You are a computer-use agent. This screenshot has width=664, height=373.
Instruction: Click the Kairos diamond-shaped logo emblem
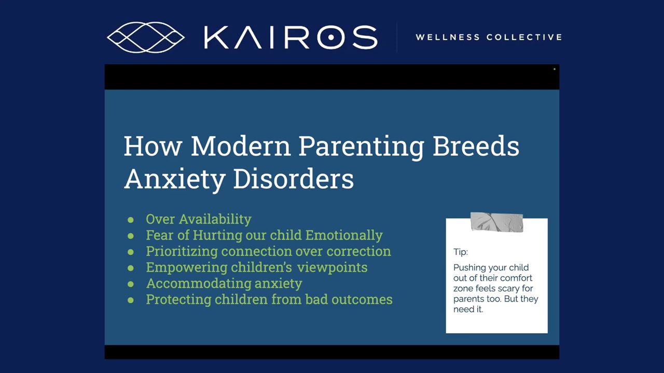[x=146, y=37]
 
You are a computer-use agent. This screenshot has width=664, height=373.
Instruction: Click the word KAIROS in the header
[x=290, y=37]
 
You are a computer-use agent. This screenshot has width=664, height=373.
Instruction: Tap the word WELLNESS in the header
[x=447, y=37]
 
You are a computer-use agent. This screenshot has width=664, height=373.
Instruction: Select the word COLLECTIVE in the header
[x=524, y=37]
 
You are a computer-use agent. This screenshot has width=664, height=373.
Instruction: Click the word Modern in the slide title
[x=240, y=146]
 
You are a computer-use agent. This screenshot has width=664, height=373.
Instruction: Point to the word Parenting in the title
[x=361, y=147]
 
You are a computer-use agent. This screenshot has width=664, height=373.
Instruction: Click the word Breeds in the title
[x=475, y=146]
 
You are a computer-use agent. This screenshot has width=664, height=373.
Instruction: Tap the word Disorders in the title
[x=293, y=179]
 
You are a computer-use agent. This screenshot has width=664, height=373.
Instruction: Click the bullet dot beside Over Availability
[x=131, y=220]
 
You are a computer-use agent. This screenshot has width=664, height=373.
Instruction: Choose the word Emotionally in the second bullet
[x=344, y=235]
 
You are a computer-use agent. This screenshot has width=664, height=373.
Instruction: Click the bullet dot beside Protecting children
[x=131, y=300]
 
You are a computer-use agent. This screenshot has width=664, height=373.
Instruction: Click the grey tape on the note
[x=496, y=222]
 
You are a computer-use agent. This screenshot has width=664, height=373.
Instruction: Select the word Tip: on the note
[x=461, y=252]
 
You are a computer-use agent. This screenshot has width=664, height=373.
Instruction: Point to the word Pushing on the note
[x=469, y=268]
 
